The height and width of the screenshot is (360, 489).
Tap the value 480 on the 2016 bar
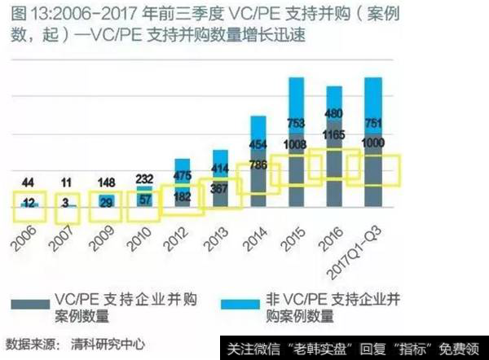(x=334, y=113)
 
